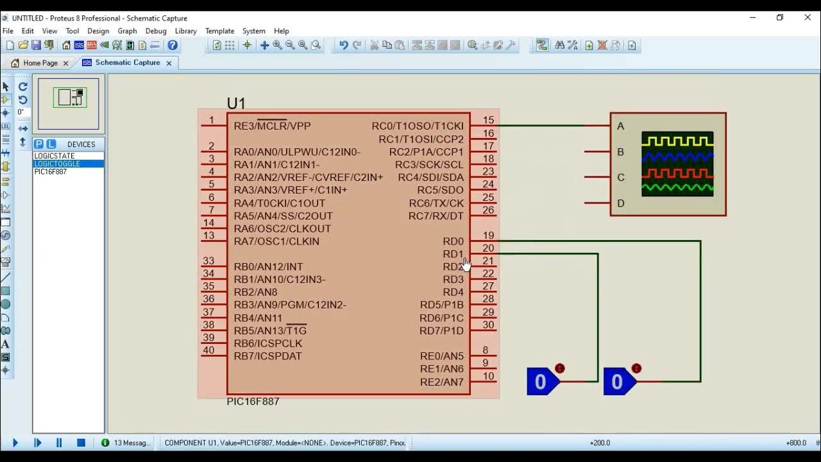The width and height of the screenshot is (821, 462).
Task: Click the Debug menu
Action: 156,31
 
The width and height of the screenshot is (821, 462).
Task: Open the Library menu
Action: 185,31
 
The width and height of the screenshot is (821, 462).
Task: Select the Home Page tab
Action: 40,63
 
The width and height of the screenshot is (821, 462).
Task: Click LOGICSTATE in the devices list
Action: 55,156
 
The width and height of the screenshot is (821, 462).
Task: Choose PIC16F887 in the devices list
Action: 51,171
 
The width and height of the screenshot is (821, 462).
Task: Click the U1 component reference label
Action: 236,103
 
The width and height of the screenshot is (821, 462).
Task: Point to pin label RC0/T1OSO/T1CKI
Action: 418,126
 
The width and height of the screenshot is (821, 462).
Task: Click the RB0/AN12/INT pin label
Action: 268,266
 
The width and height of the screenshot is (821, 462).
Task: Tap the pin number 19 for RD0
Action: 488,235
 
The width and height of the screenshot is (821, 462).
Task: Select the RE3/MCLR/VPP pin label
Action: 272,126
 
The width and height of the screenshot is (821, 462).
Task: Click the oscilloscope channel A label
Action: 620,126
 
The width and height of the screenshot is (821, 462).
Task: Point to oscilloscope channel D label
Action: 620,203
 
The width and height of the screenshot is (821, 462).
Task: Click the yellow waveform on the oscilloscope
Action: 677,141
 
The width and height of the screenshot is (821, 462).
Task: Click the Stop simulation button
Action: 81,443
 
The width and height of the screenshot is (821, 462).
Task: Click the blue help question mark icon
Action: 173,45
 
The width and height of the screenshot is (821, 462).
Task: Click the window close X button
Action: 808,17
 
